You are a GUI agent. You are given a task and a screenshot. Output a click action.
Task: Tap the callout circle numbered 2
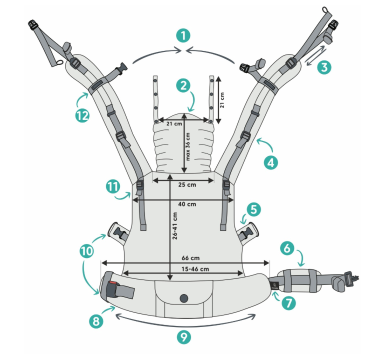coord(184,85)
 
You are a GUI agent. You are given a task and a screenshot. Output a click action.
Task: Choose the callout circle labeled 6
coord(287,246)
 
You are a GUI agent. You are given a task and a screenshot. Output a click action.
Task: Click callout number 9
coord(184,336)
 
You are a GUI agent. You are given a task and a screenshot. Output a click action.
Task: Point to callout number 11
coord(113,186)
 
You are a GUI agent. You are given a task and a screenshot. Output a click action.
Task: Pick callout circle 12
coord(82,115)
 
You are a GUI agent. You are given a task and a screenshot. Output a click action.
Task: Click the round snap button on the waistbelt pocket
coord(184,298)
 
